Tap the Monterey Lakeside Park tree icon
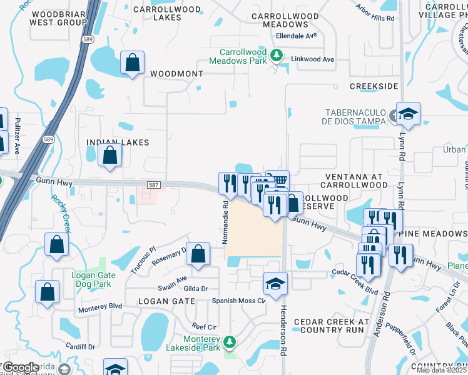(230, 342)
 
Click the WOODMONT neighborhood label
(177, 74)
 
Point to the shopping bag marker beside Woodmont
(132, 63)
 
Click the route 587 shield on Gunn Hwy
(154, 185)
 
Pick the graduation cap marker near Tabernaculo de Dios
(408, 114)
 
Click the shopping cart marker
(278, 181)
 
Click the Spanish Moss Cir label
(239, 300)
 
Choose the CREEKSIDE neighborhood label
(374, 86)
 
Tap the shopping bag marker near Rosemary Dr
(198, 254)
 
